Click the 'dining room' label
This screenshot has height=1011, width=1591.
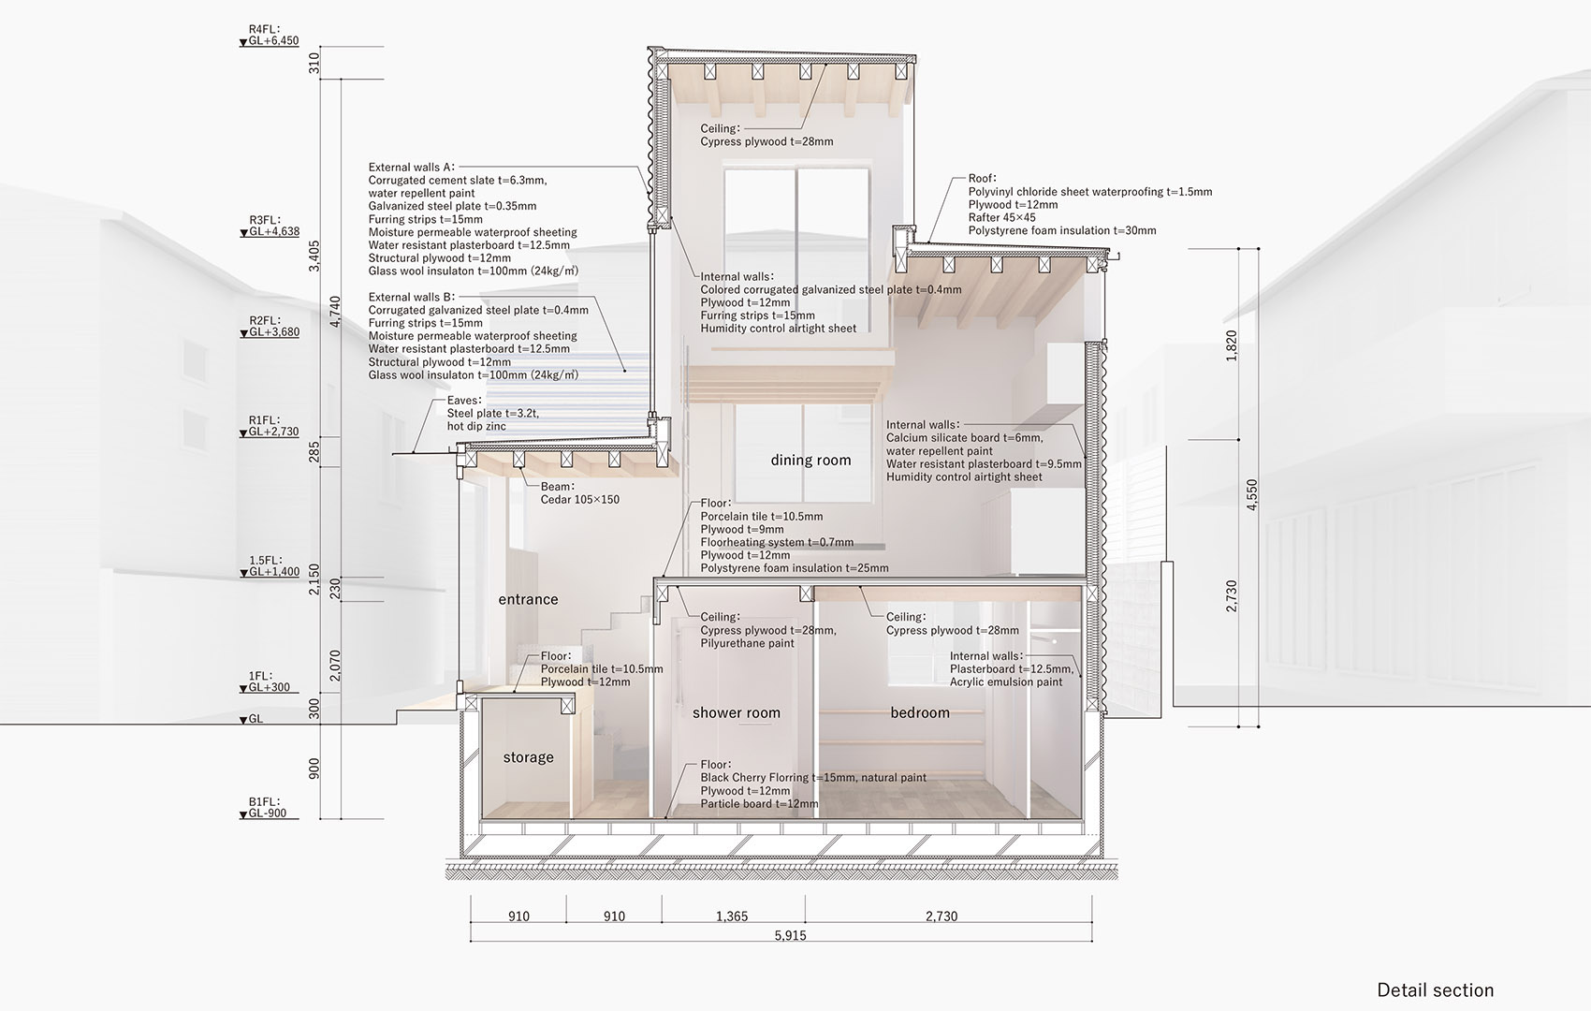tap(810, 461)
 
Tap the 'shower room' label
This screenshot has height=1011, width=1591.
tap(736, 712)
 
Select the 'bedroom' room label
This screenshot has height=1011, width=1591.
tap(920, 712)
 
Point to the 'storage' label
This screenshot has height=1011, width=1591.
tap(528, 757)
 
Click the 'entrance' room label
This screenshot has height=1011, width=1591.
tap(528, 600)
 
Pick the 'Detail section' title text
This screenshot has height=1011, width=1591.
tap(1436, 990)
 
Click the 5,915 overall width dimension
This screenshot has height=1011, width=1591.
tap(790, 936)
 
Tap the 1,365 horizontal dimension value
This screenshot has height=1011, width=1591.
tap(732, 916)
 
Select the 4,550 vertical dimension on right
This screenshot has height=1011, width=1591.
tap(1251, 494)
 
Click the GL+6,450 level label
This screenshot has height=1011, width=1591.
tap(273, 41)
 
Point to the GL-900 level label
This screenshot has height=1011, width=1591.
tap(268, 813)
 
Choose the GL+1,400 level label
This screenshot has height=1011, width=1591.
tap(273, 572)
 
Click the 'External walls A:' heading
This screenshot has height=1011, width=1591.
tap(411, 168)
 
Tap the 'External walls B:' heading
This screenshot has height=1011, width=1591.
tap(411, 298)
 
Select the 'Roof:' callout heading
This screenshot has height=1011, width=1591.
tap(983, 179)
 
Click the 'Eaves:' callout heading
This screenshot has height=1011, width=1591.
tap(464, 401)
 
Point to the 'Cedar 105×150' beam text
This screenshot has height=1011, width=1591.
tap(579, 500)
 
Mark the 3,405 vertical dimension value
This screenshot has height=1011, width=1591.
tap(314, 256)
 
